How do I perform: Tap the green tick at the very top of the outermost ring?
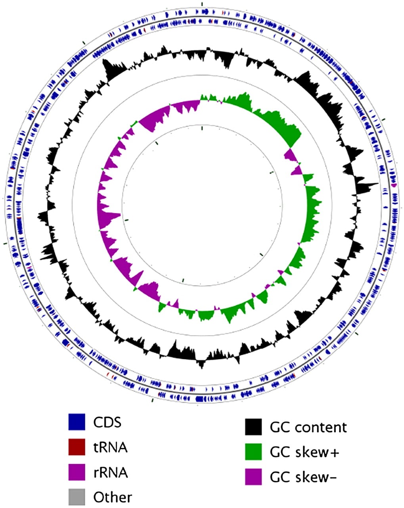202,4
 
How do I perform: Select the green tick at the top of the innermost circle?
202,128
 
